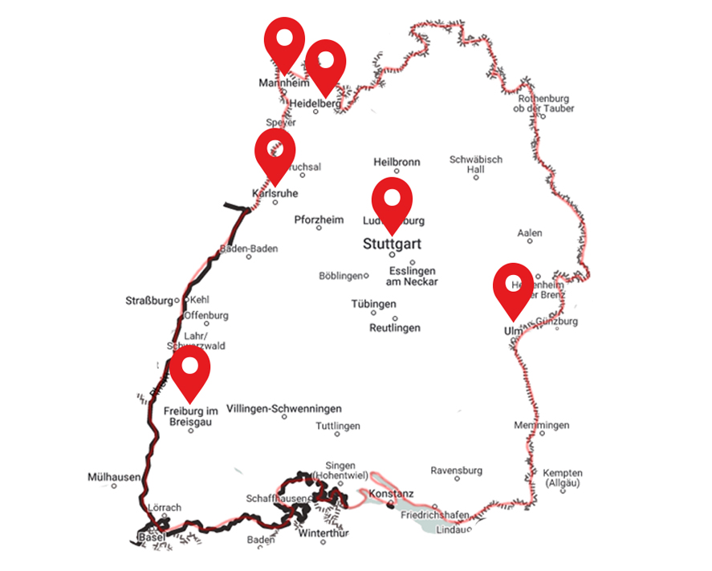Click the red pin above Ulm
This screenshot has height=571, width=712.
pos(513,285)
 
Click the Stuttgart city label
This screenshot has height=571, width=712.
pos(392,243)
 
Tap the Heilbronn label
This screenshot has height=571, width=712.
pos(397,162)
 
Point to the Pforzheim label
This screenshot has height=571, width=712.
pos(319,220)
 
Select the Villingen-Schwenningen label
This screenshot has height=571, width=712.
pos(284,408)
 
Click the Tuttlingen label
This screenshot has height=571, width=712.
pos(338,426)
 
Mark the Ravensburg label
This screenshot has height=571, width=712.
pos(456,470)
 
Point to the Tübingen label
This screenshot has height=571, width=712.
pos(373,305)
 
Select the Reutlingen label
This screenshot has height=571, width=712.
pos(394,328)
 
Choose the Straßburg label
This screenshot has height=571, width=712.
pos(149,302)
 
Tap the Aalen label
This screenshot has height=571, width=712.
pos(530,233)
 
